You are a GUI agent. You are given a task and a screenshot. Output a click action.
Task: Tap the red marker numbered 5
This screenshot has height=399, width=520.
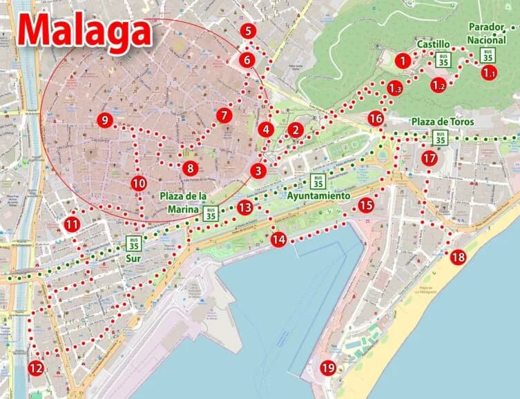pos(249,30)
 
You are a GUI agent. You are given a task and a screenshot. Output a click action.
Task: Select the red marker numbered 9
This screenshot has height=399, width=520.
pos(104,120)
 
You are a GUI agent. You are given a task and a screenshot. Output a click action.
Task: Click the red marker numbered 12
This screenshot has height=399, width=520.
pos(35,368)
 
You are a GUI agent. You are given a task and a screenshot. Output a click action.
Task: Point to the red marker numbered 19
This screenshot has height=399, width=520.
pos(328,368)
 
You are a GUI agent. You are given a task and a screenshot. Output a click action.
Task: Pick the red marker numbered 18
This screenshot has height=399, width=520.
pos(458,257)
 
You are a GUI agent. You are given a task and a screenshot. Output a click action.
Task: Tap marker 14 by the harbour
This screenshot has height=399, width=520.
pos(278,240)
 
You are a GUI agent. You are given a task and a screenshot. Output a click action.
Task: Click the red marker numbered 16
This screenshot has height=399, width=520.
pos(375,119)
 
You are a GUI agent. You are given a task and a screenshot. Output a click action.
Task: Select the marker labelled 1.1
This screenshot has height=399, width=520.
pos(489,72)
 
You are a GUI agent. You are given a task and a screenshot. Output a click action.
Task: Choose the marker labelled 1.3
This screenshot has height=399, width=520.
pos(394,88)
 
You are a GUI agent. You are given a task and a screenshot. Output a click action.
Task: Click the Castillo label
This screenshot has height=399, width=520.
pos(433,44)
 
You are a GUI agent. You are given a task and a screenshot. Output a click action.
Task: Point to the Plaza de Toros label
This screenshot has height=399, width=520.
pos(442,122)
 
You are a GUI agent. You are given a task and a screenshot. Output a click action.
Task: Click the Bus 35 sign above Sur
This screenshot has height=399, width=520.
pos(134,243)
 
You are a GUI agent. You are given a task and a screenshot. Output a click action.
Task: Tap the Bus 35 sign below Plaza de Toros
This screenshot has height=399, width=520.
pos(440,138)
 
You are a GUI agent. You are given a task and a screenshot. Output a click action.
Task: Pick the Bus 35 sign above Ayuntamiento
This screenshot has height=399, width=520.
pos(318,182)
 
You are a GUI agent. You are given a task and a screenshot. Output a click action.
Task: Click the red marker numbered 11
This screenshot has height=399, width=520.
pos(72,224)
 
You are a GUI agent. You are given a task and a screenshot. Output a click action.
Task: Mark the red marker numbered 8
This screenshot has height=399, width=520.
pos(191,168)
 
